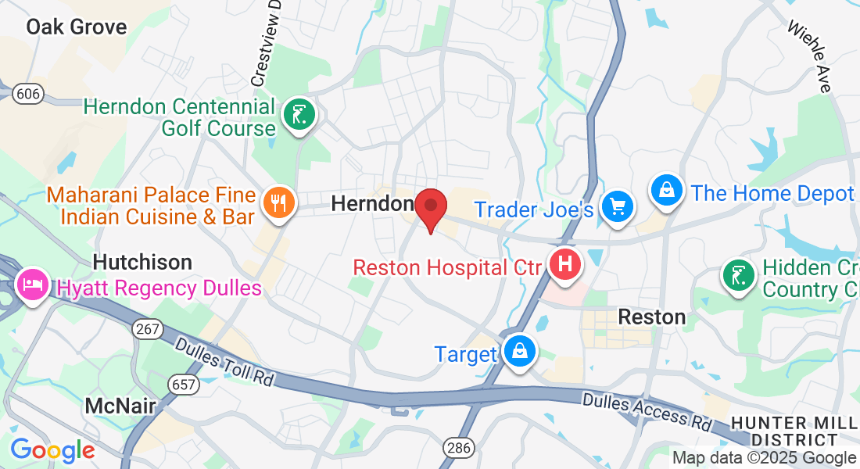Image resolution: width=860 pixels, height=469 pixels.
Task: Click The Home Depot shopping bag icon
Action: pos(667,190)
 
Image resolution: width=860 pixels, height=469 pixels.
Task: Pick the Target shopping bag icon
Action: pos(518,352)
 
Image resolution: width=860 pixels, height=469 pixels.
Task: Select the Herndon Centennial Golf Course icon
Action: pos(299,115)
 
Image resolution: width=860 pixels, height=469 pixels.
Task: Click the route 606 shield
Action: pos(28,94)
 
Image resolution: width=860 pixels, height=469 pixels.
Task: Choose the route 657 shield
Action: pos(182,383)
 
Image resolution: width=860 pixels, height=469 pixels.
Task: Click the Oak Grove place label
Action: pos(76,27)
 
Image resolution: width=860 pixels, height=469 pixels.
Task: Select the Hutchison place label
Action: pos(142,261)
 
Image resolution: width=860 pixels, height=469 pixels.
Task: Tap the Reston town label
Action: pos(651,317)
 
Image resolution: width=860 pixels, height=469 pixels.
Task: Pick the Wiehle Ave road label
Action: pos(809,56)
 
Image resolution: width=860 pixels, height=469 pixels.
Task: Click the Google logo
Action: pos(52,449)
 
